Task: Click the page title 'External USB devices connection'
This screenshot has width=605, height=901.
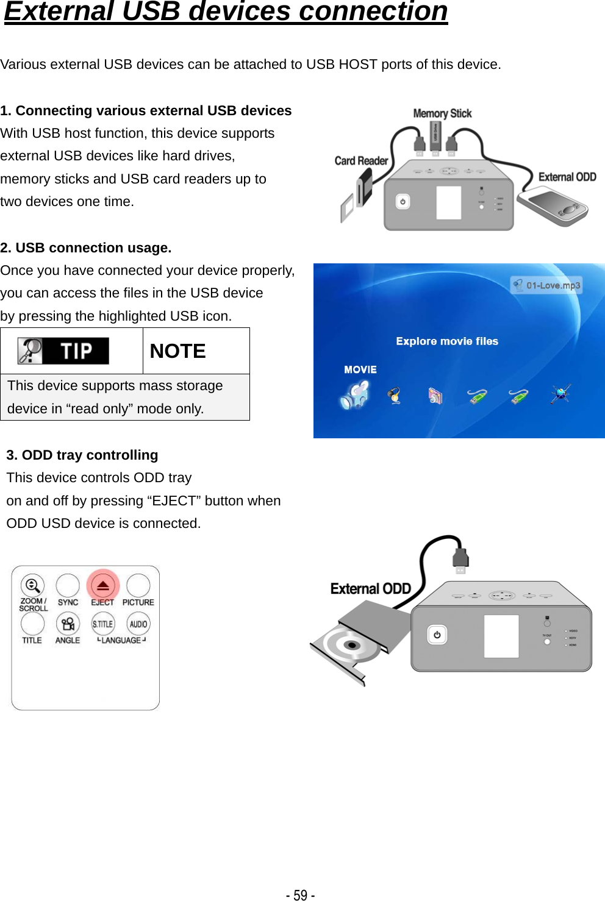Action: coord(226,12)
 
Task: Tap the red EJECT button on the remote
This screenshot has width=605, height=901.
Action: coord(102,586)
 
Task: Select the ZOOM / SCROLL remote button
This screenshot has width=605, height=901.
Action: coord(33,586)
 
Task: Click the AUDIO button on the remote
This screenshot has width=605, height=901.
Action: coord(138,624)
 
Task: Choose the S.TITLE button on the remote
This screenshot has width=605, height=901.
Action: coord(102,624)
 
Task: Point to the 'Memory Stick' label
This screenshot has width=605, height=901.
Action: coord(442,113)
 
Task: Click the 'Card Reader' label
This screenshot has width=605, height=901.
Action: coord(361,161)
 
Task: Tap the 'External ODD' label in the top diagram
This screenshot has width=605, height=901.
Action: coord(567,177)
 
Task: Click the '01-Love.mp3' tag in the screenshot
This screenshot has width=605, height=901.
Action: coord(546,285)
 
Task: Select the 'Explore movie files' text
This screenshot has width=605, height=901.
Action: coord(447,341)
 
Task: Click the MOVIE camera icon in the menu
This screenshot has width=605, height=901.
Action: coord(355,395)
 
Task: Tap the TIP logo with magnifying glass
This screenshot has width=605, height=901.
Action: coord(63,351)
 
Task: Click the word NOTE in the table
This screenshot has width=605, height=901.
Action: coord(177,351)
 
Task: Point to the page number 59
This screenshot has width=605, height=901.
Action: coord(300,894)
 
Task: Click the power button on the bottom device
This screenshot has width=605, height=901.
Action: coord(437,635)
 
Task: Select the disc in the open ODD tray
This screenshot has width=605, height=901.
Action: coord(350,644)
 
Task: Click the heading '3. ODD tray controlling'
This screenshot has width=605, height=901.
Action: coord(82,455)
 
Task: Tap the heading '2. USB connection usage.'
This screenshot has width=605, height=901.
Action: coord(86,248)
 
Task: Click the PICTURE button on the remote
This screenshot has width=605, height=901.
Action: coord(138,586)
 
